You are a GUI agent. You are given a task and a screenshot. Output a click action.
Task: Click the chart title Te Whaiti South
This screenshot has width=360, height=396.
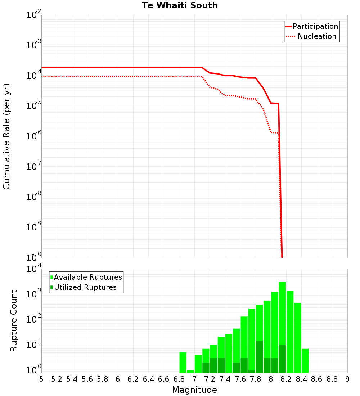pos(180,5)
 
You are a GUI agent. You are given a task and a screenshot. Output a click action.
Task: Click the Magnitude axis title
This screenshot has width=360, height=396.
pos(194,390)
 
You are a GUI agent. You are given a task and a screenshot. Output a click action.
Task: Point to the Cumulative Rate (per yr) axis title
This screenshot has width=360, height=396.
pos(6,136)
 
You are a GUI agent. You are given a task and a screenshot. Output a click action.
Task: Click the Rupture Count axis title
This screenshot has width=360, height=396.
pos(14,321)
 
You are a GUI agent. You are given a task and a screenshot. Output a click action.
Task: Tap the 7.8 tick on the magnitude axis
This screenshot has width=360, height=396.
pos(256,379)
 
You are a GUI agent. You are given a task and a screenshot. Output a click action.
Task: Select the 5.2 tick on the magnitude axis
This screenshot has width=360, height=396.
pos(57,379)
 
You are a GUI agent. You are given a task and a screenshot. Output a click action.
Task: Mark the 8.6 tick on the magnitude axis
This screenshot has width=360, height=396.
pos(317,379)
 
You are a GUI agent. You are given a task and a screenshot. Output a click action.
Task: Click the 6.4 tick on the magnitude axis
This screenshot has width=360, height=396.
pos(149,379)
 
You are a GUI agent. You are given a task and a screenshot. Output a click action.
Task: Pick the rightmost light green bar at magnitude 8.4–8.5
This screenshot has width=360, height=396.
pos(305,360)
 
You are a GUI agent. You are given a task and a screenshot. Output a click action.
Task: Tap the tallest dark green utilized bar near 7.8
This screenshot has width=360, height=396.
pos(259,356)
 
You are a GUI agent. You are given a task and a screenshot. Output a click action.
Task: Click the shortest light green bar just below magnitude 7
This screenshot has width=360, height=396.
pos(190,371)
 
